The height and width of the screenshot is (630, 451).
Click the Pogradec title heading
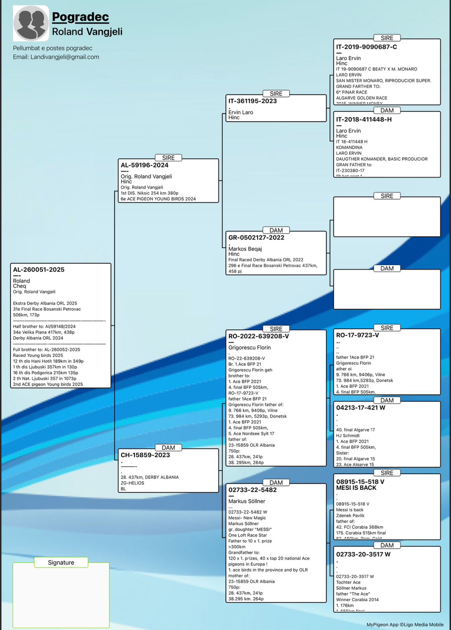80,17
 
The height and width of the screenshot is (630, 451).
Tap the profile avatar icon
31,23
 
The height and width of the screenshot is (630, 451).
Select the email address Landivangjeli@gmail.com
65,57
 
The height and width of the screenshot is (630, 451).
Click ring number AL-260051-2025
39,270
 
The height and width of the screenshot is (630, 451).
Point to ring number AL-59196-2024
144,165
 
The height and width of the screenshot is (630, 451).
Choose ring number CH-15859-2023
145,455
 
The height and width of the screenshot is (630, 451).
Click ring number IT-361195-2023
252,101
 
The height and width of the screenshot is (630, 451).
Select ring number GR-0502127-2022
256,238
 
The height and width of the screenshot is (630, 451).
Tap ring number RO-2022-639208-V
259,336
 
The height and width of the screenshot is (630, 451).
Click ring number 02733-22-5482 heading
252,490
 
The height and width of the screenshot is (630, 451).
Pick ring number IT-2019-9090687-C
366,47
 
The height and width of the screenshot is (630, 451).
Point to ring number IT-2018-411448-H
364,120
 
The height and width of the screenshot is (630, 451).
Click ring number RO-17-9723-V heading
357,335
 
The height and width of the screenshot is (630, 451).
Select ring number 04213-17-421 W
360,408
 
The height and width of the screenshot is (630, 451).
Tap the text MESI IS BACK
356,488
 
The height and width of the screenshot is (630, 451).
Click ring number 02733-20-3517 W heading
363,554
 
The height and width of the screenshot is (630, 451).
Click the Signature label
61,563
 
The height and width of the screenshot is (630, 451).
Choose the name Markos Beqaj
245,249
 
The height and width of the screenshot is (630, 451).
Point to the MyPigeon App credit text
405,624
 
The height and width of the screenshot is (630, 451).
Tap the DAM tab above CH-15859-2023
168,448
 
